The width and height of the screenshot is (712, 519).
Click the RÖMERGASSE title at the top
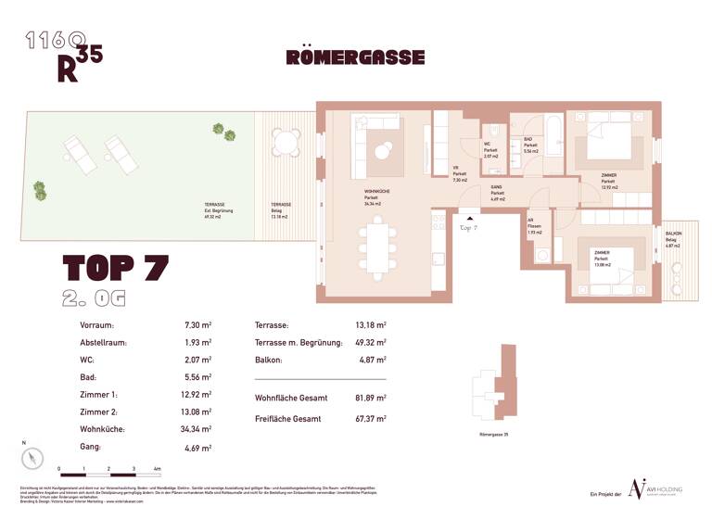[355, 57]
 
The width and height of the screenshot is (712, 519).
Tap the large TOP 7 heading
[115, 267]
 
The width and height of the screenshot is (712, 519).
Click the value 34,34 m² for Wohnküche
[198, 430]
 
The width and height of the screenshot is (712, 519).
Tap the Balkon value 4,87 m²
[372, 361]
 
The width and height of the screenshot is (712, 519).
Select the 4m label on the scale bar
[159, 470]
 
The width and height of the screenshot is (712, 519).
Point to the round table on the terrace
[287, 144]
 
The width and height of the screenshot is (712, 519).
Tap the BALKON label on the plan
[674, 234]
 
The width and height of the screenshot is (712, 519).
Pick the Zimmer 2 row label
[100, 412]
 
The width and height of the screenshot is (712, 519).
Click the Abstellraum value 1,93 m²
[198, 343]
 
